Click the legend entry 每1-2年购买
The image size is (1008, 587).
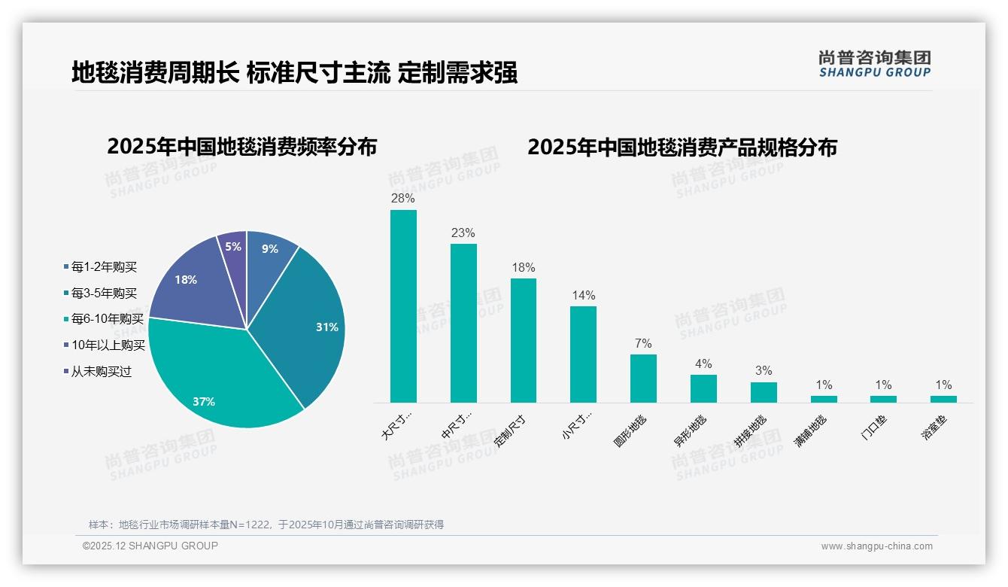pyautogui.click(x=104, y=267)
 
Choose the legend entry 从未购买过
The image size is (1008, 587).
pyautogui.click(x=101, y=372)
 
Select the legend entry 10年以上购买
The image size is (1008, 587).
pyautogui.click(x=108, y=345)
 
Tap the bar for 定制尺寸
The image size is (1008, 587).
pyautogui.click(x=524, y=340)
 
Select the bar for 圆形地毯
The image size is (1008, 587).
pyautogui.click(x=643, y=378)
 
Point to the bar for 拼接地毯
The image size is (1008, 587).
pyautogui.click(x=764, y=392)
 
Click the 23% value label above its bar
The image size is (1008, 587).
pyautogui.click(x=463, y=233)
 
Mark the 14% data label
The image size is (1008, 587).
pyautogui.click(x=583, y=296)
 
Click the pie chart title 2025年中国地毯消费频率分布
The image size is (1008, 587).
pyautogui.click(x=242, y=147)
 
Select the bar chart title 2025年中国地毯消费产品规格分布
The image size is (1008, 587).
pyautogui.click(x=682, y=148)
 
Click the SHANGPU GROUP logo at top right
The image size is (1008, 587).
pyautogui.click(x=874, y=64)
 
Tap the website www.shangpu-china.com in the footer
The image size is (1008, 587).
pyautogui.click(x=876, y=546)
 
